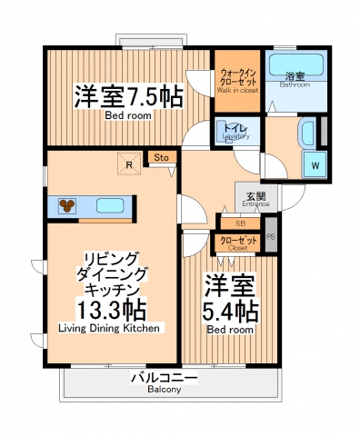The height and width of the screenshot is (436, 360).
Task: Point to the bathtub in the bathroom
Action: click(298, 65)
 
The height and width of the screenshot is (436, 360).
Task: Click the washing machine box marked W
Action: click(315, 164)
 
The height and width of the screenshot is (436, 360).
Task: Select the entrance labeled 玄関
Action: click(255, 198)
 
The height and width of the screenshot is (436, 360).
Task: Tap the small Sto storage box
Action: click(160, 158)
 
